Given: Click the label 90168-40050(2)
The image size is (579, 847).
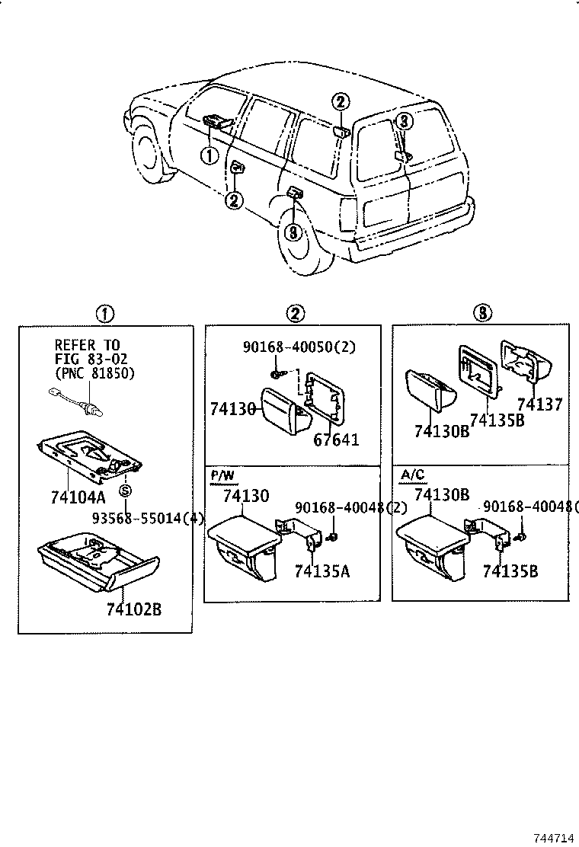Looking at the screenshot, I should pos(299,347).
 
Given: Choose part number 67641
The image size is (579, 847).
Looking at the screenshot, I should pos(335,439).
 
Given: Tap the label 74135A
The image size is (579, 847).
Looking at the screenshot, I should pos(321,571).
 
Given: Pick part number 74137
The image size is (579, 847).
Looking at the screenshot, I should pos(539,404).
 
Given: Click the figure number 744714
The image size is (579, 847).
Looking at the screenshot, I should pos(553,837).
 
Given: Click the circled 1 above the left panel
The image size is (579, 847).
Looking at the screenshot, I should pos(104,313).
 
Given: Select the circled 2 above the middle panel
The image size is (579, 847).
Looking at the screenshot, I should pos(295,313).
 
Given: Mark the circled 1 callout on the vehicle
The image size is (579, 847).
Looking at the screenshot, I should pos(209,155).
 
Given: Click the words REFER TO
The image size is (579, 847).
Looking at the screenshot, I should pos(87,345).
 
